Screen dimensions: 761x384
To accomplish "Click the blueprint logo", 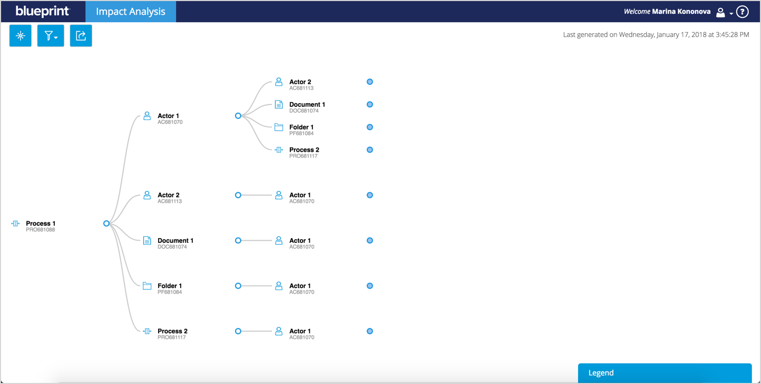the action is (x=43, y=11).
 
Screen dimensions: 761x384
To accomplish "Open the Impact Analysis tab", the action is (x=131, y=11).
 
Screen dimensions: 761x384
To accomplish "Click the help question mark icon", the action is (x=743, y=12).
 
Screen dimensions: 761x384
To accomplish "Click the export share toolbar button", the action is (x=81, y=36).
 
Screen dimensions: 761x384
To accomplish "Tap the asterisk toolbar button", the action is (x=21, y=36).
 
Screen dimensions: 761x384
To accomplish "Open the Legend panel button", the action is (x=665, y=373).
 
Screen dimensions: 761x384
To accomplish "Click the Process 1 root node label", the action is (x=41, y=223).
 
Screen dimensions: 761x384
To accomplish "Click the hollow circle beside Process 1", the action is (x=106, y=223).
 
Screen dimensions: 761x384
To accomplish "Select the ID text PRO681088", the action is (x=41, y=230).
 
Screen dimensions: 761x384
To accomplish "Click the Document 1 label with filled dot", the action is (x=307, y=104).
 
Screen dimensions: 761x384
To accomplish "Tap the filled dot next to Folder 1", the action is (x=370, y=127).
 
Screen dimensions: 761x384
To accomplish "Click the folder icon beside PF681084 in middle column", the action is (x=147, y=286).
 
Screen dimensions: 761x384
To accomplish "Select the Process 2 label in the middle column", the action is (x=172, y=331).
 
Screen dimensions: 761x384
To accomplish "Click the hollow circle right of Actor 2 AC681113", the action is (x=238, y=195).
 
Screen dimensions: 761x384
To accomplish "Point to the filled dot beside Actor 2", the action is (x=370, y=82).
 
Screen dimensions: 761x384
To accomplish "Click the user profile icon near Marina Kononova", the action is (x=720, y=12).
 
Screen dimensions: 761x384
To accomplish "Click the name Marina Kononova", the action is (x=681, y=12).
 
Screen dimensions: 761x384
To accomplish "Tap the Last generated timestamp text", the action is (x=656, y=35).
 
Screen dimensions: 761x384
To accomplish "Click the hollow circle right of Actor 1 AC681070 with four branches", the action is (x=238, y=116).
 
